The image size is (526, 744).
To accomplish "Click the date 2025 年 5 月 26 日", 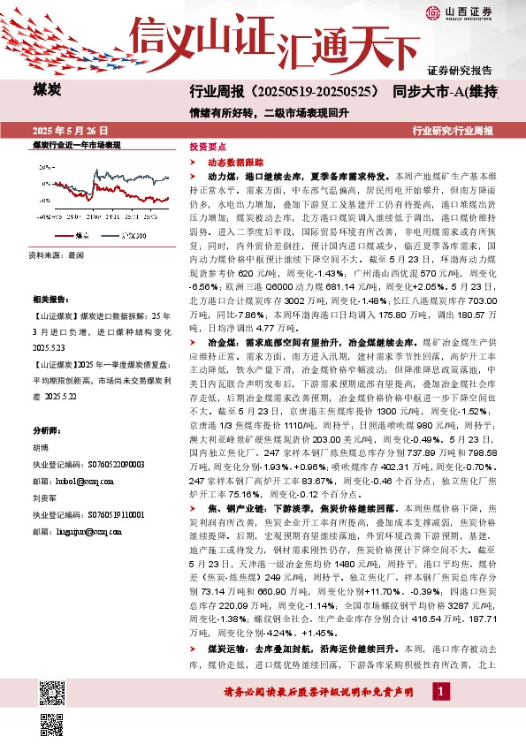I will [x=67, y=130].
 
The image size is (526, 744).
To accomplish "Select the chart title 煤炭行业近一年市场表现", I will [x=76, y=143].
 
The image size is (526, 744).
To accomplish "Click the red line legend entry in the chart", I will [x=76, y=236].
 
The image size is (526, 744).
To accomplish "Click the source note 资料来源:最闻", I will [x=57, y=254].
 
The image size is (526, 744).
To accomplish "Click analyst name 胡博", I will [x=42, y=446].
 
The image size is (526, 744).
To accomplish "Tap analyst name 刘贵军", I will [x=46, y=497].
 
